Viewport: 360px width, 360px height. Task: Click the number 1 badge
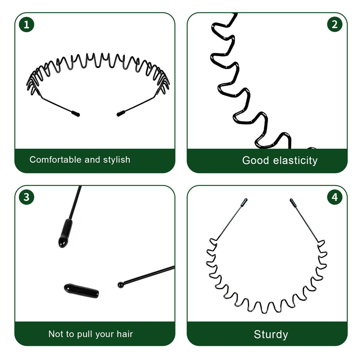(x=26, y=24)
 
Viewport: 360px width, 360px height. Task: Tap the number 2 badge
(x=334, y=24)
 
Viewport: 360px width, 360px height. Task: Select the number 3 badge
(x=26, y=197)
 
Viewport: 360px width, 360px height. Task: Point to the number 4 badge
(x=334, y=197)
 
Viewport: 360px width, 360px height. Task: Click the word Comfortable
(x=55, y=159)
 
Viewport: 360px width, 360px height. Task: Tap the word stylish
(x=117, y=160)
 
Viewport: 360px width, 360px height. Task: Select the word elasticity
(x=295, y=161)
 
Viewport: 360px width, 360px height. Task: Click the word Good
(x=255, y=160)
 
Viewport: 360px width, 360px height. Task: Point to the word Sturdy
(x=271, y=334)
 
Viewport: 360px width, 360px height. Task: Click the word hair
(x=125, y=334)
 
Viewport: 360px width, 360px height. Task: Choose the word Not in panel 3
(x=55, y=334)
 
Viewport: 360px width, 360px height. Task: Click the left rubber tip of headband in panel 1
(x=76, y=113)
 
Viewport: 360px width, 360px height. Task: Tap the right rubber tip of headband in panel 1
(x=121, y=113)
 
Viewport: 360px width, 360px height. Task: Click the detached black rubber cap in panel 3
(x=81, y=291)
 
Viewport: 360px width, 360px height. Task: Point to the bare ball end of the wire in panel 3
(x=121, y=285)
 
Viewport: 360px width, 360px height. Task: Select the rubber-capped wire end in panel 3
(x=65, y=233)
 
